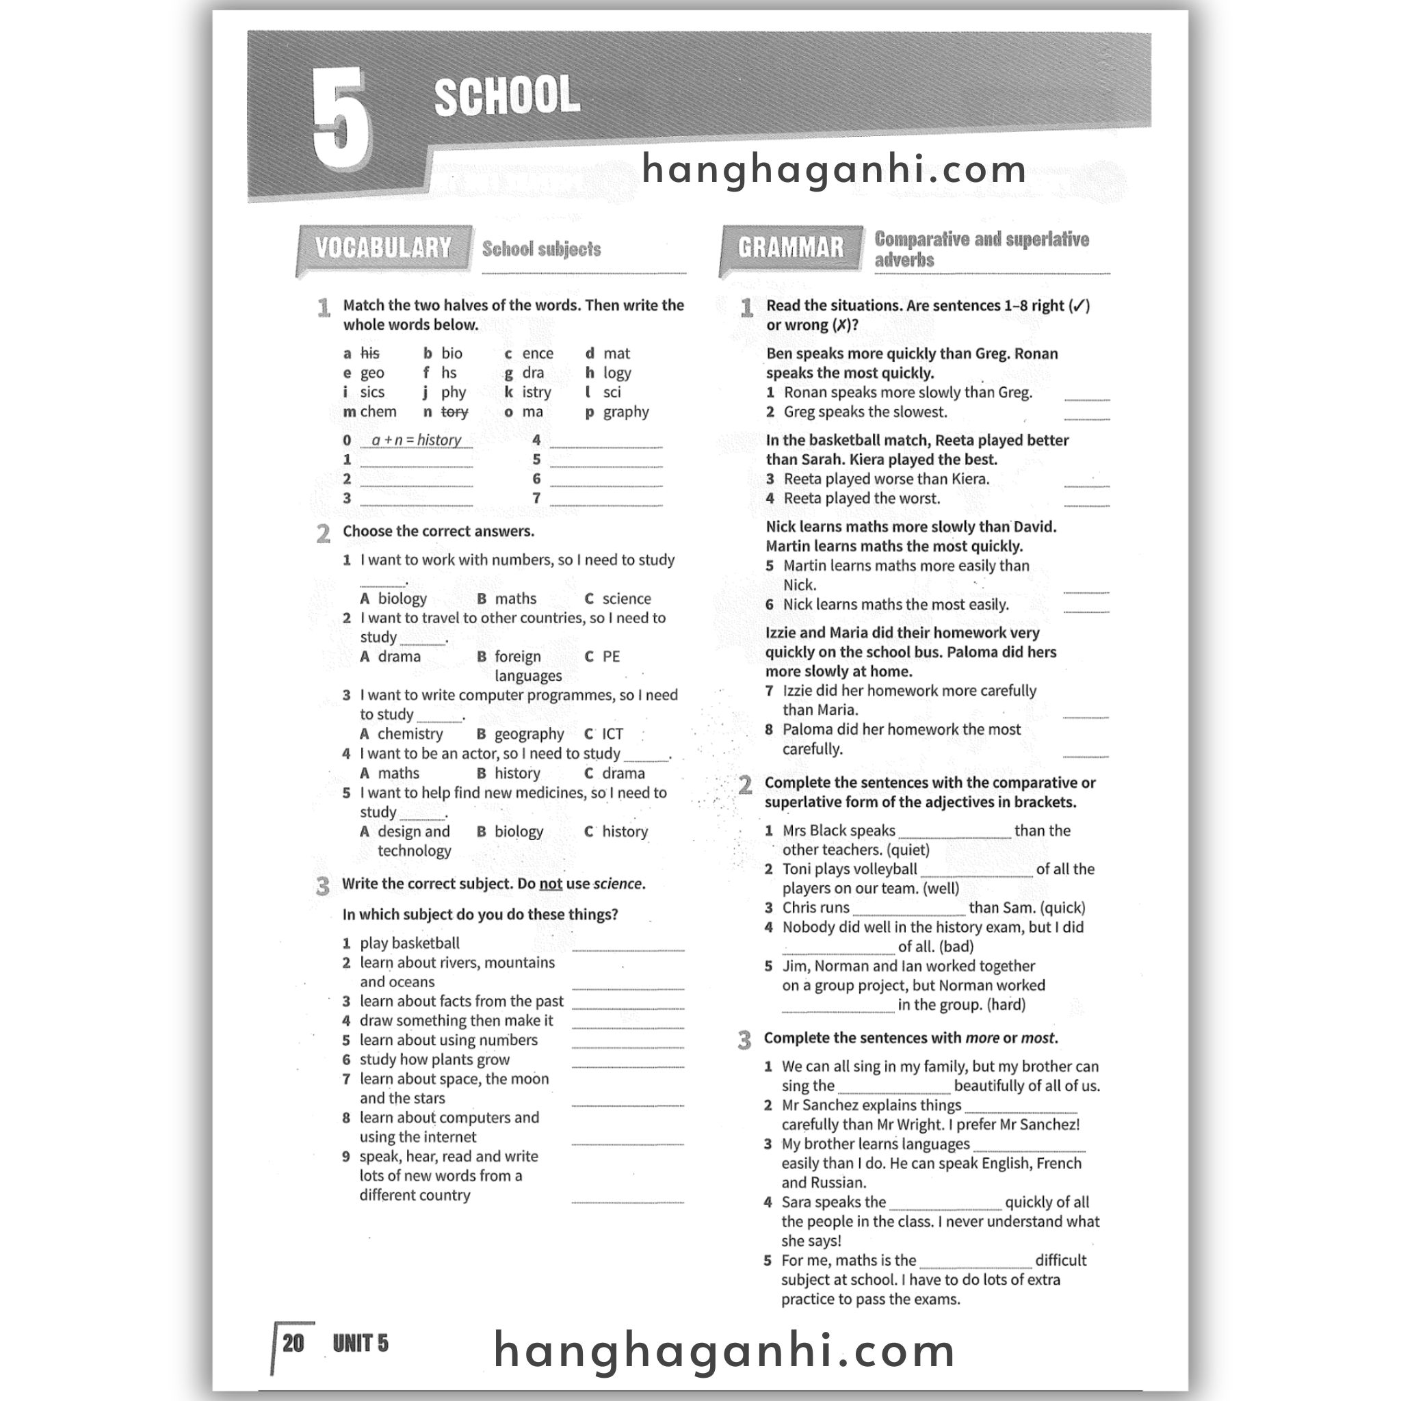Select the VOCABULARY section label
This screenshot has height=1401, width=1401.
(x=383, y=248)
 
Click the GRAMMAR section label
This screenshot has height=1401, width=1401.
(x=790, y=248)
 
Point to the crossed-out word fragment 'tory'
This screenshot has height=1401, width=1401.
(x=454, y=412)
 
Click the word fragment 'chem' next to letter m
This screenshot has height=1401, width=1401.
(x=378, y=412)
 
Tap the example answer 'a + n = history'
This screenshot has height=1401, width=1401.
(x=416, y=440)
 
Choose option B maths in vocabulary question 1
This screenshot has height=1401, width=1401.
(x=515, y=599)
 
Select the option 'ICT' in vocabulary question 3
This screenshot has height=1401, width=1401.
(x=612, y=734)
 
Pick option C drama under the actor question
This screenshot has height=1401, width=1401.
(x=623, y=773)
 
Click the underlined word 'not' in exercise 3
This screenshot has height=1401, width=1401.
(x=551, y=884)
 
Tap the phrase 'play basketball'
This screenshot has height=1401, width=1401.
(x=410, y=943)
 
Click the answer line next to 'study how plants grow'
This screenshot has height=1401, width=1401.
(x=627, y=1065)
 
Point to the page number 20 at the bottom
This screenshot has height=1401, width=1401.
(x=293, y=1344)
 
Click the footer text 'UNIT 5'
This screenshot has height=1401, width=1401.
(x=361, y=1344)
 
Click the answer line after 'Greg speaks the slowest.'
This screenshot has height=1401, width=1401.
(x=1086, y=418)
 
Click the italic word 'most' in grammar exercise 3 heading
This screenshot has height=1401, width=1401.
(x=1038, y=1038)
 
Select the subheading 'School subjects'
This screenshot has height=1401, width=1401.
(x=542, y=250)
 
